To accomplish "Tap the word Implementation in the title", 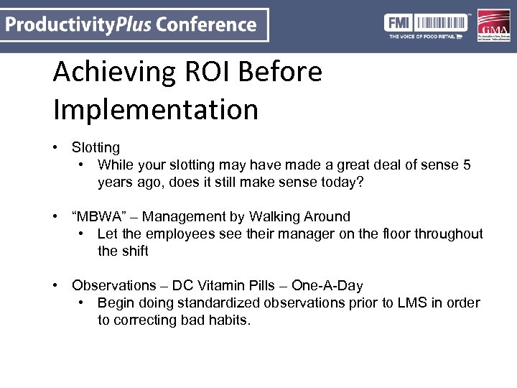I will tap(156, 109).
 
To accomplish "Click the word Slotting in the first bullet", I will tap(96, 147).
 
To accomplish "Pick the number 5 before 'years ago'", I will tap(467, 165).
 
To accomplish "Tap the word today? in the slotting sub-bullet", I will tap(339, 182).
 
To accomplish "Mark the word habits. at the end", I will tap(229, 320).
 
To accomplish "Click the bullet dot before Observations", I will tap(55, 285).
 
